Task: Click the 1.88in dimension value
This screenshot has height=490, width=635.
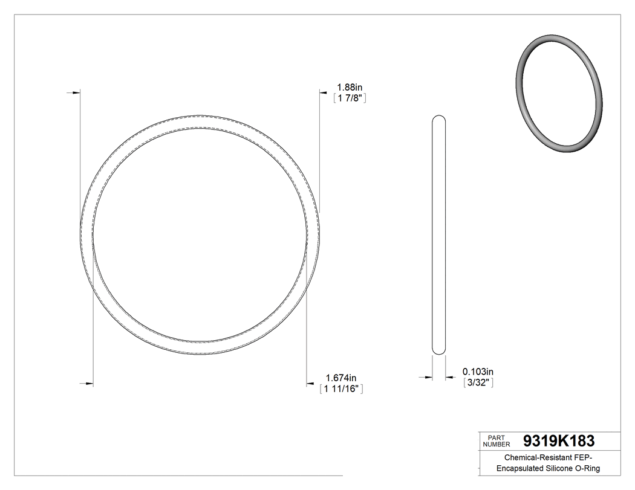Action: tap(350, 87)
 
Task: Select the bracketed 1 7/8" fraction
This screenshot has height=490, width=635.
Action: tap(351, 98)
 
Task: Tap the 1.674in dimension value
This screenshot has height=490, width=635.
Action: tap(341, 378)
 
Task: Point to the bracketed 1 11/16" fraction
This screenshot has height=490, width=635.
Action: tap(341, 389)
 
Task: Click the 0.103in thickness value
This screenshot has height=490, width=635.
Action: tap(478, 371)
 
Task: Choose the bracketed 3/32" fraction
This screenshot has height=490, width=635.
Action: tap(478, 382)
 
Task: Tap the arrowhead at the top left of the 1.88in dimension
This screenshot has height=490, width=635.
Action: tap(76, 92)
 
